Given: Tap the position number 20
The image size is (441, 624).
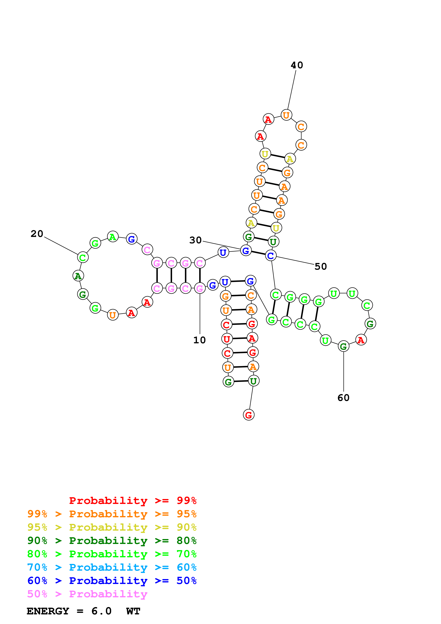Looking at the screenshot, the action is coord(37,234).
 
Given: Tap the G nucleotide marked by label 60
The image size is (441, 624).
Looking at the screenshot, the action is coord(344,346).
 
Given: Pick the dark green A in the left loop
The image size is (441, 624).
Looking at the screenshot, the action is coord(78,276).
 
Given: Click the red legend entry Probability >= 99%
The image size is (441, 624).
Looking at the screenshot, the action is coord(133,500).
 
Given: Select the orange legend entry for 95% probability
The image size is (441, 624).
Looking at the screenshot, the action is coord(112,514).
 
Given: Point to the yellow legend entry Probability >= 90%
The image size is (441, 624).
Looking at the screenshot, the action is coord(112,527).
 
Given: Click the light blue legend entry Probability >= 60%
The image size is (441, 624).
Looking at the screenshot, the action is coord(112,567).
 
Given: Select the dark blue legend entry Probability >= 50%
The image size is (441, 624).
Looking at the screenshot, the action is coord(112,581).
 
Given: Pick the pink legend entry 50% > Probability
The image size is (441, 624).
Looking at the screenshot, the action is coord(87,594).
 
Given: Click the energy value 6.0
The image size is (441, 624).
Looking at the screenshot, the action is coord(101,611).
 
